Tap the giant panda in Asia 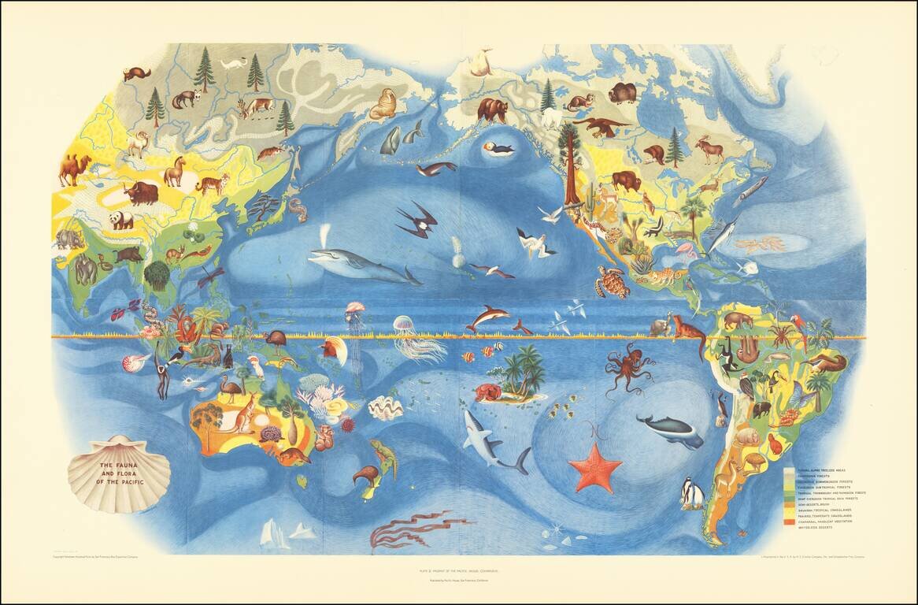click(120, 220)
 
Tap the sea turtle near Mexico click(612, 281)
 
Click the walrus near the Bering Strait click(383, 104)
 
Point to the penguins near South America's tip click(692, 494)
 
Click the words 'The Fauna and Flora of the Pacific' click(117, 473)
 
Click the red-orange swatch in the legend click(789, 523)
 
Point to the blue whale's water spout click(327, 234)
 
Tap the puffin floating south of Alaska click(498, 149)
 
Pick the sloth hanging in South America click(728, 353)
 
